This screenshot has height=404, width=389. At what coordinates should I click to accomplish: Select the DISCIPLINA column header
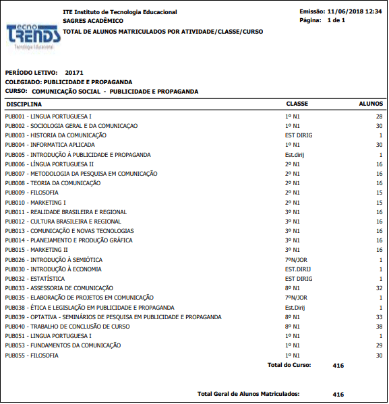point(24,104)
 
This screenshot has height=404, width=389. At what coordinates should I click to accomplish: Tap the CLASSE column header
point(297,104)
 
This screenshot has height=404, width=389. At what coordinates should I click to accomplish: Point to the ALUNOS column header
point(371,104)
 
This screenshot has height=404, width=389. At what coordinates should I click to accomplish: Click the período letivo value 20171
point(74,72)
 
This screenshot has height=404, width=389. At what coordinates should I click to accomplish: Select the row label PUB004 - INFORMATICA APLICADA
point(50,145)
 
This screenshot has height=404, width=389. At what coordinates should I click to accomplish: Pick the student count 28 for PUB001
point(379,116)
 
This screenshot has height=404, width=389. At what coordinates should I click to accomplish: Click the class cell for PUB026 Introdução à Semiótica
point(296,259)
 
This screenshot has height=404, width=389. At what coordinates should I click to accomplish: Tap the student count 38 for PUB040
point(379,326)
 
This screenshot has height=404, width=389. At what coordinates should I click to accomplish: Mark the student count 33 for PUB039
point(379,316)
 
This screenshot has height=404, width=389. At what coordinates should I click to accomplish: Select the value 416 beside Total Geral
point(338,395)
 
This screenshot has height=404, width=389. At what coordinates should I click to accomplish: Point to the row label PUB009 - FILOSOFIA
point(32,193)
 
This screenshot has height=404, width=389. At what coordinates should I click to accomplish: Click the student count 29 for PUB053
point(379,345)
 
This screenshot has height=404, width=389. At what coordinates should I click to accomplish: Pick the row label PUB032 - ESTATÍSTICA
point(35,278)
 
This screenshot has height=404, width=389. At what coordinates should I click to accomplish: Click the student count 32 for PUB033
point(379,288)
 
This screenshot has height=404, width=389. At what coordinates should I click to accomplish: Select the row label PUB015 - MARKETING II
point(36,250)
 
